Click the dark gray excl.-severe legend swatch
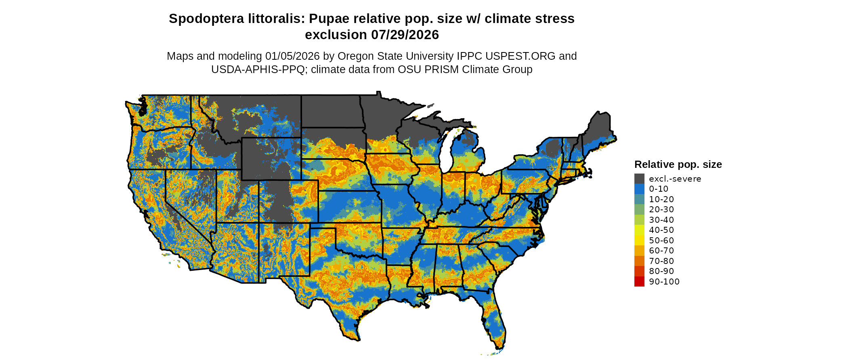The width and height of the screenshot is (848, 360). tap(639, 179)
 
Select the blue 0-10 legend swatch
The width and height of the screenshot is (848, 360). tap(639, 189)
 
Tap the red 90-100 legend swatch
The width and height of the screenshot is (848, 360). tap(639, 282)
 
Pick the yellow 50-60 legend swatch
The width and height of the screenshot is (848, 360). tap(639, 241)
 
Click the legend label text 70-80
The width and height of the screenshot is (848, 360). tap(661, 261)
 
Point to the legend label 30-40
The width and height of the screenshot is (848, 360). tap(661, 220)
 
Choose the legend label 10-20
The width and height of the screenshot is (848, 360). tap(661, 199)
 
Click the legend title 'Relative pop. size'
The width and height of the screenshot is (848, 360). tap(678, 165)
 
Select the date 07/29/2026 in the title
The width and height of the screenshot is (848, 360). tap(405, 35)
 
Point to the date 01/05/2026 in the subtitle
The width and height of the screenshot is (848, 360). tap(292, 56)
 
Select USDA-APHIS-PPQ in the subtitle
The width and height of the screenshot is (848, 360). tap(258, 69)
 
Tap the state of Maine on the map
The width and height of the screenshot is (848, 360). tap(598, 129)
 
